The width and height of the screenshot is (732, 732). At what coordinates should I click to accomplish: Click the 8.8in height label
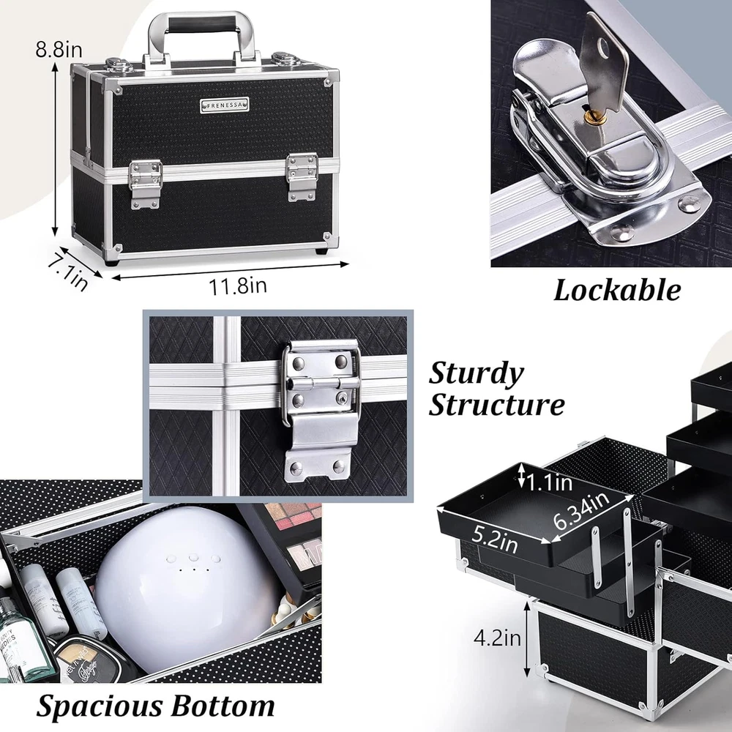pyautogui.click(x=59, y=49)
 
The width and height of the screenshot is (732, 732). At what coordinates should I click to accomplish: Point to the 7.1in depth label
pyautogui.click(x=67, y=272)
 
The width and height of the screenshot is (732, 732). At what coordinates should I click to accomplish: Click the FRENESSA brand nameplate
pyautogui.click(x=225, y=105)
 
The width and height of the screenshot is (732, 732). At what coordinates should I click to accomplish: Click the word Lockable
pyautogui.click(x=617, y=291)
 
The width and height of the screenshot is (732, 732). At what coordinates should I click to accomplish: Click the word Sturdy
pyautogui.click(x=477, y=374)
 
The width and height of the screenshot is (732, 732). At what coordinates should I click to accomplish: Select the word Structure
pyautogui.click(x=497, y=404)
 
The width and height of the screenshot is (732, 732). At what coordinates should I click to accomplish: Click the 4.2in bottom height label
pyautogui.click(x=497, y=638)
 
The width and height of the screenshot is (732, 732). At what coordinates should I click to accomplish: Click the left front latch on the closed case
pyautogui.click(x=145, y=184)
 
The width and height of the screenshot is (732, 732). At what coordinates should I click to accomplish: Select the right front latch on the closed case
pyautogui.click(x=302, y=177)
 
